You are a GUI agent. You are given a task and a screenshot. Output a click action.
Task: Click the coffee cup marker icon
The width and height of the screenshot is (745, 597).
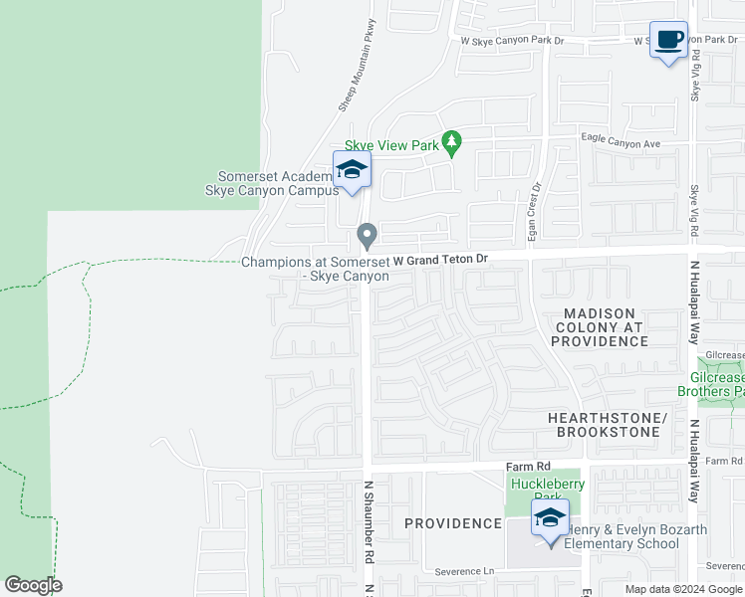(x=669, y=40)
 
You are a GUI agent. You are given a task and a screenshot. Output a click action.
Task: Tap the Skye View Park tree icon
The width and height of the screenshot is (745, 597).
(x=453, y=144)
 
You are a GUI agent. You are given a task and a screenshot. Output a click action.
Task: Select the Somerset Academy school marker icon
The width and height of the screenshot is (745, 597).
(x=352, y=171)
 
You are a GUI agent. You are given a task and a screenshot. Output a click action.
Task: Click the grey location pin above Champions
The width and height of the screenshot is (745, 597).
(x=367, y=236)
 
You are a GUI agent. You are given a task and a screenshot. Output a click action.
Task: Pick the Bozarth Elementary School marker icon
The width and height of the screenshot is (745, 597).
(x=550, y=518)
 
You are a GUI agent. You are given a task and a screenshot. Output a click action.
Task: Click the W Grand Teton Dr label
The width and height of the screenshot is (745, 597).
(x=440, y=260)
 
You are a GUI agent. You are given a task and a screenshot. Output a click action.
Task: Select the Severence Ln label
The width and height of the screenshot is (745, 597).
(x=465, y=572)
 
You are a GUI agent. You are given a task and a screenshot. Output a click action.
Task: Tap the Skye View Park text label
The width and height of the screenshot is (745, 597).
(x=391, y=145)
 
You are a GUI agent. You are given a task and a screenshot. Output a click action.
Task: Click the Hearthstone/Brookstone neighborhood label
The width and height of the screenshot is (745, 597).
(x=604, y=424)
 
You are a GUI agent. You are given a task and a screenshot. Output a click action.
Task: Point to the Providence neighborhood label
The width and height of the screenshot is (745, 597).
(x=453, y=523)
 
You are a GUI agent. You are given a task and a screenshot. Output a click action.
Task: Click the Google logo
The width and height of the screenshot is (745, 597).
(x=33, y=584)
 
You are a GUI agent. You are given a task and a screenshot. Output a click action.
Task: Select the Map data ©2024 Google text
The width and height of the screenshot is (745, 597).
(x=681, y=589)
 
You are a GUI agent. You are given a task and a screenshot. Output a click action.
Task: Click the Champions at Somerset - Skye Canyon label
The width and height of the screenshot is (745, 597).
(x=315, y=269)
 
